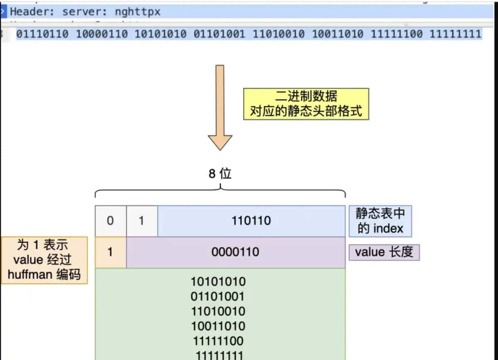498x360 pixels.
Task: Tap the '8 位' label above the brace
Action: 220,173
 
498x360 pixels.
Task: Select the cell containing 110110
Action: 251,221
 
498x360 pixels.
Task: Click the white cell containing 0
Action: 110,221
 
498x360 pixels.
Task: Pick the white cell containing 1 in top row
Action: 142,221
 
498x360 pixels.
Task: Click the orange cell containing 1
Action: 110,252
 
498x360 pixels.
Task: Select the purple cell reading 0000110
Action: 235,252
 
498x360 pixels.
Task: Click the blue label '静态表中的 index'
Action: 380,221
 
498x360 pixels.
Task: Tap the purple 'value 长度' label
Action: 384,252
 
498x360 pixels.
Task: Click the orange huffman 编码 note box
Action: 44,260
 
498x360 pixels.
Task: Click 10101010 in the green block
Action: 218,282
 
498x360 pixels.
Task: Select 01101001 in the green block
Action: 218,297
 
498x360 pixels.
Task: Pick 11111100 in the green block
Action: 218,341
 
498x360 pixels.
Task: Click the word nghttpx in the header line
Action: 137,12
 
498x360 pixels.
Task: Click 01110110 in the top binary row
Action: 42,34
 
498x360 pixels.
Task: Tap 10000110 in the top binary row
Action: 102,34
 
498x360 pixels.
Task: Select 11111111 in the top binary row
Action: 455,34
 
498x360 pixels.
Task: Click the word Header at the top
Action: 29,12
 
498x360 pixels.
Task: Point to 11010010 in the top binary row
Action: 278,34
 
